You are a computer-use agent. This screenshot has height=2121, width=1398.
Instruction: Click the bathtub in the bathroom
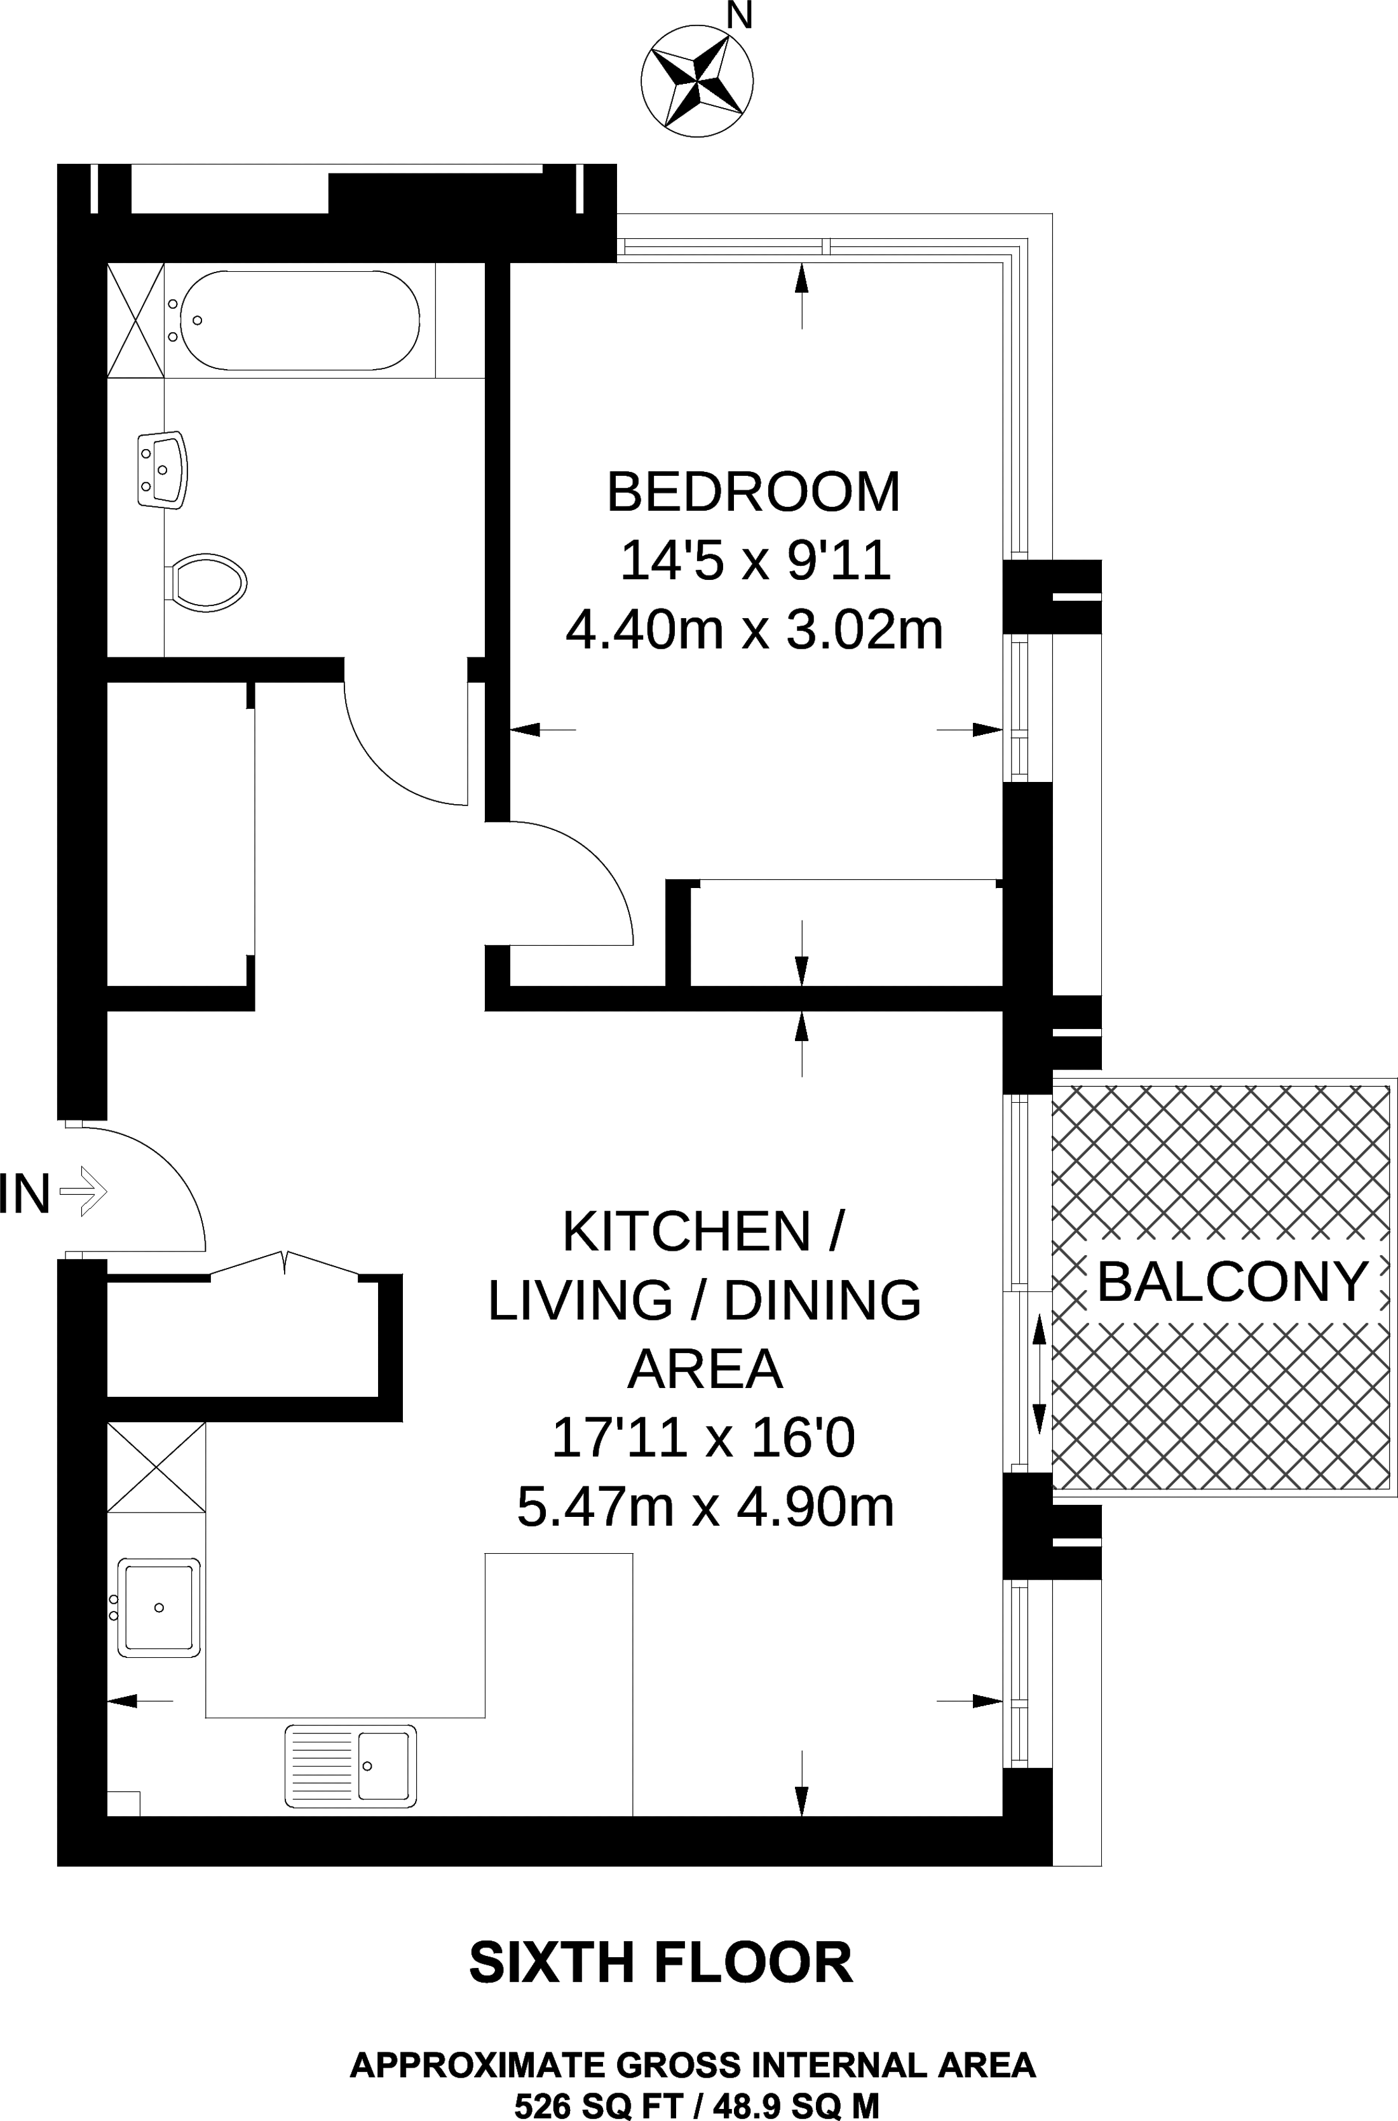(299, 320)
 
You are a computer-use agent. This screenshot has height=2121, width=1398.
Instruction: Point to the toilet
(206, 583)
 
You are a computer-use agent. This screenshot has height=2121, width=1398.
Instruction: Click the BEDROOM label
(754, 492)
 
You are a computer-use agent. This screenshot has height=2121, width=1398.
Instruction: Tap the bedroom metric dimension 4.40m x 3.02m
(754, 630)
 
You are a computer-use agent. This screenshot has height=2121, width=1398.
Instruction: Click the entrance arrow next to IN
(83, 1190)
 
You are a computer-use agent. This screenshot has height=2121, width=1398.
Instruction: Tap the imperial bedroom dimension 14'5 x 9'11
(755, 562)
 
